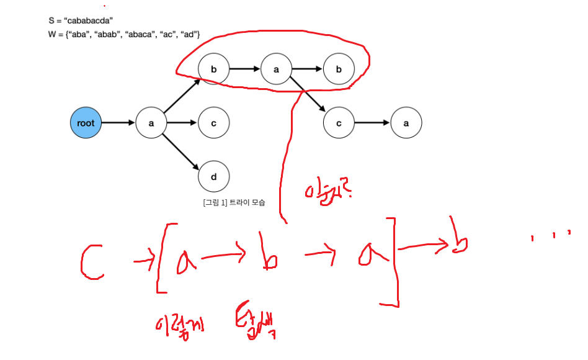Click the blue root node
(86, 123)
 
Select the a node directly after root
(151, 123)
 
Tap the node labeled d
(213, 177)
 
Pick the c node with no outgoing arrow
(213, 123)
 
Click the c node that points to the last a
(339, 123)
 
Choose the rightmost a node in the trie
(406, 123)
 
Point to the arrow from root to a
(118, 123)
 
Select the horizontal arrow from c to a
(372, 123)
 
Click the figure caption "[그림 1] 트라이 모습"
(234, 203)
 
